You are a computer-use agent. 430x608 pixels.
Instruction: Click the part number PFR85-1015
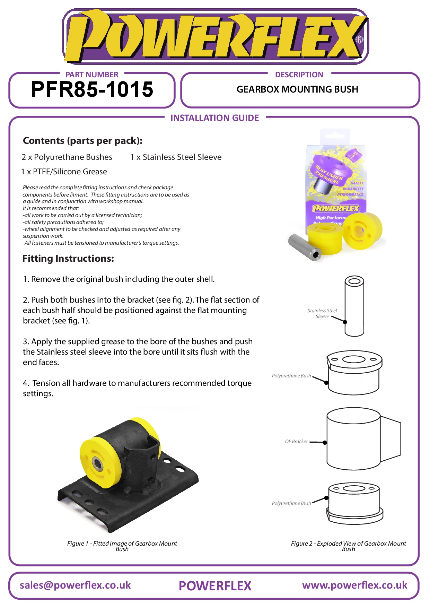click(92, 89)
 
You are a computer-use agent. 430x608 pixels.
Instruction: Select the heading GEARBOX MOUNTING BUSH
click(297, 89)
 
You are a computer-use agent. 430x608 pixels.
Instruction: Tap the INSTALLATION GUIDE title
click(214, 118)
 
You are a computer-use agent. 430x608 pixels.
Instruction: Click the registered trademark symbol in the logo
click(360, 40)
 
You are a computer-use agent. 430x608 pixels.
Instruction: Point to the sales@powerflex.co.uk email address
click(75, 585)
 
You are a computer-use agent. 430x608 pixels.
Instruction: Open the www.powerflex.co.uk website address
click(354, 585)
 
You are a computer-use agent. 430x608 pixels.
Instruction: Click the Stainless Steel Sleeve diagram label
click(322, 313)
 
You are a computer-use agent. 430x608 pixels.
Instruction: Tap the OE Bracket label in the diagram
click(296, 442)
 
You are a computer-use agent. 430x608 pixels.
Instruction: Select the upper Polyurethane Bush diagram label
click(291, 376)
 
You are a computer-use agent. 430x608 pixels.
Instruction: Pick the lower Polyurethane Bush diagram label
click(291, 503)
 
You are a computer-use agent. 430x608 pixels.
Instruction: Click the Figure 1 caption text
click(122, 546)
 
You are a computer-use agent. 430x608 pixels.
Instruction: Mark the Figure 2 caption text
click(348, 546)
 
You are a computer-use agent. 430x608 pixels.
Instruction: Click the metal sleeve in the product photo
click(304, 247)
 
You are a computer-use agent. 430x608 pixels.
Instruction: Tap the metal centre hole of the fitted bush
click(97, 463)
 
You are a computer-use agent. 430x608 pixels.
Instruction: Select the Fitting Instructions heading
click(68, 259)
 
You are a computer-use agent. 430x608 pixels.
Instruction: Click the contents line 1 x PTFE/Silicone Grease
click(64, 172)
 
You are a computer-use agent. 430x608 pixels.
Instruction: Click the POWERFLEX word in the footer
click(215, 586)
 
